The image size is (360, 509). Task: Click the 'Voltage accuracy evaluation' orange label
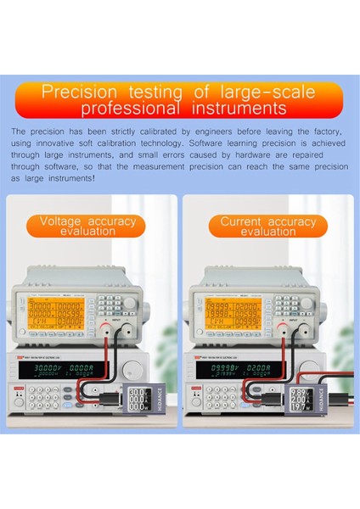[93, 226]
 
